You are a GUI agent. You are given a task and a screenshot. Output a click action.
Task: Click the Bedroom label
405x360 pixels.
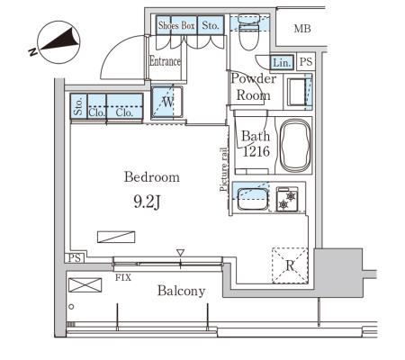[152, 176]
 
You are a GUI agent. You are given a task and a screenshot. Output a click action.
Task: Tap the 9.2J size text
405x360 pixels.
[147, 202]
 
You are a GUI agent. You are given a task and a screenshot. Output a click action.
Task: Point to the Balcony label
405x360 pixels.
[182, 291]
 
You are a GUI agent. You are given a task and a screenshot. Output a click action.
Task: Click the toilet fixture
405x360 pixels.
[248, 32]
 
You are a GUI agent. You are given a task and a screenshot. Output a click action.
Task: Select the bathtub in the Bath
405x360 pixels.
[294, 145]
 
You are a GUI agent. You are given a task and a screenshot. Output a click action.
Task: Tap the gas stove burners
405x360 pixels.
[287, 199]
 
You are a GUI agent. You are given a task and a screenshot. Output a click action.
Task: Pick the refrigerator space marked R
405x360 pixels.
[290, 265]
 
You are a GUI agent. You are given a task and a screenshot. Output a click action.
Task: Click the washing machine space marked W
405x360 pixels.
[166, 102]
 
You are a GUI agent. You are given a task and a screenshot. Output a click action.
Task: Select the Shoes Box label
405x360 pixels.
[176, 25]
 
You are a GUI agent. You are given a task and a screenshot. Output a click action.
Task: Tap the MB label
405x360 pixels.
[302, 29]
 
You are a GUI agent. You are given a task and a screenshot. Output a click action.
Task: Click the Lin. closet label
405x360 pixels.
[282, 63]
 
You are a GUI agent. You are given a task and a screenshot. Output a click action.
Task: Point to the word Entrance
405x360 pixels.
[165, 61]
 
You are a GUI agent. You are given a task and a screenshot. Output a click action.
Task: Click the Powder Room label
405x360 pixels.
[254, 87]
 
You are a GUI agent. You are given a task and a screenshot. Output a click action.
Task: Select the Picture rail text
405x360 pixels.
[223, 169]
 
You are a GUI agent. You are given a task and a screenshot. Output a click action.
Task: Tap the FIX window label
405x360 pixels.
[123, 277]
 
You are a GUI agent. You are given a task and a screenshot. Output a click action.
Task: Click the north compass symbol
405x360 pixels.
[58, 42]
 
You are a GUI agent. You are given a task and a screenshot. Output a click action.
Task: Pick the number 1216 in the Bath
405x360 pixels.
[256, 151]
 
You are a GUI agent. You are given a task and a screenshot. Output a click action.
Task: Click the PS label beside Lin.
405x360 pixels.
[306, 62]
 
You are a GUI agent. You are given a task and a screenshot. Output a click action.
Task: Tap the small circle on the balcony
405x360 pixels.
[71, 307]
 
